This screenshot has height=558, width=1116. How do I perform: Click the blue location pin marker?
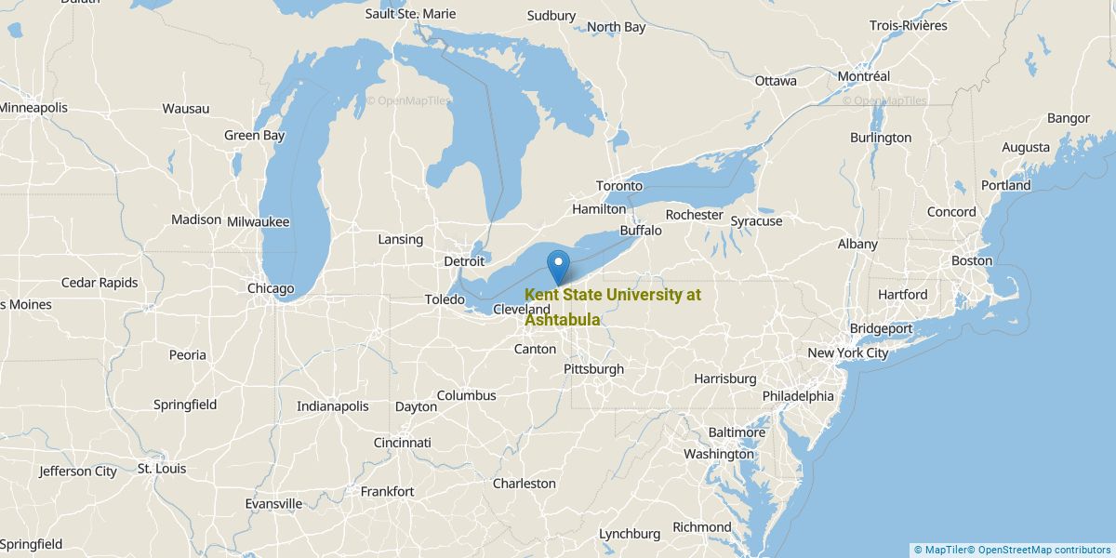click(558, 266)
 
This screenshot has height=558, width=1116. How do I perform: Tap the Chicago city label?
click(271, 288)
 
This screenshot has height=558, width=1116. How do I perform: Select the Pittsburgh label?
click(593, 369)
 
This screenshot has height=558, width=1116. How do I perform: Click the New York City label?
click(847, 353)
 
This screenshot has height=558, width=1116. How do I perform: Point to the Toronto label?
click(619, 186)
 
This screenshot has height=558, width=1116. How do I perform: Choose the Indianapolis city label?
click(332, 406)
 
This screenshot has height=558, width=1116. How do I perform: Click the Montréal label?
click(864, 76)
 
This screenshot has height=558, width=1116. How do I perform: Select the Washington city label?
click(718, 455)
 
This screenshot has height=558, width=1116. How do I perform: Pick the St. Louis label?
click(162, 469)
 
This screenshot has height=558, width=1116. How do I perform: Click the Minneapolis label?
click(33, 108)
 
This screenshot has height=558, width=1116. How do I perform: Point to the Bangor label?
click(1068, 118)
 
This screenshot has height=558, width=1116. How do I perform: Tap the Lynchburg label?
click(630, 534)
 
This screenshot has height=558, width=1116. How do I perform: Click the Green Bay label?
click(254, 136)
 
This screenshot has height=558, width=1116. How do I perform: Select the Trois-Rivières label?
click(908, 26)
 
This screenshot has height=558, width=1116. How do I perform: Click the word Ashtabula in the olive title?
click(562, 320)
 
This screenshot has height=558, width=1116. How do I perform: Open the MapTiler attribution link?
click(943, 550)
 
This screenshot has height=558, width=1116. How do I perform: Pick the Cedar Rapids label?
click(100, 283)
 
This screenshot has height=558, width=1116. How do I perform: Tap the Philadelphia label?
click(797, 395)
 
